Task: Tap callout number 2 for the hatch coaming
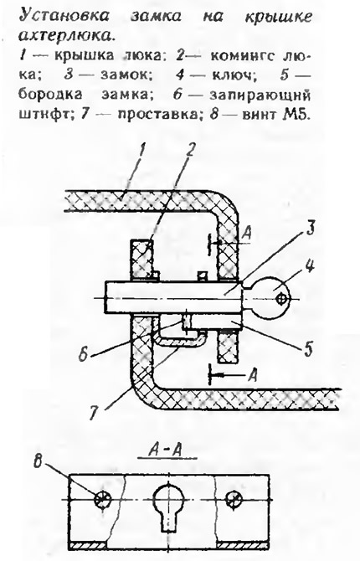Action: pos(190,152)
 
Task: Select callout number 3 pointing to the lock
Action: pos(311,229)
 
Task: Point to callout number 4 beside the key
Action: pos(310,265)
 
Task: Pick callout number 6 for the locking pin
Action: pos(83,353)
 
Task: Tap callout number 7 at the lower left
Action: pos(92,413)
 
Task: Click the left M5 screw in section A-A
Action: pos(102,499)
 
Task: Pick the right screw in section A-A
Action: pos(234,499)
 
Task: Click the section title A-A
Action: pos(165,450)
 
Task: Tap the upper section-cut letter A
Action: pos(246,234)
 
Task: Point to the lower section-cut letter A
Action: pos(253,374)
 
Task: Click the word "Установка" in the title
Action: pos(64,17)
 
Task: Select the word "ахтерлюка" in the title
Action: pos(68,35)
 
